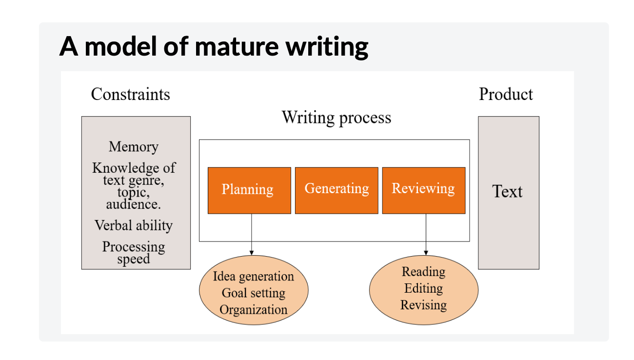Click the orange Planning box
pyautogui.click(x=249, y=190)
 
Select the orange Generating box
pyautogui.click(x=337, y=190)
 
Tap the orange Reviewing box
pyautogui.click(x=423, y=190)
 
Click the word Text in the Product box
pyautogui.click(x=507, y=192)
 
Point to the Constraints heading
pyautogui.click(x=130, y=94)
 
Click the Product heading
pyautogui.click(x=506, y=94)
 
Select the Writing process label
pyautogui.click(x=336, y=118)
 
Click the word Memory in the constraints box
pyautogui.click(x=134, y=147)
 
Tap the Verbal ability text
pyautogui.click(x=134, y=225)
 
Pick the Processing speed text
pyautogui.click(x=134, y=253)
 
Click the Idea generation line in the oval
pyautogui.click(x=253, y=277)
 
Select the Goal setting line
pyautogui.click(x=253, y=293)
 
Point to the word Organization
pyautogui.click(x=253, y=310)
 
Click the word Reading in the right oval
pyautogui.click(x=423, y=272)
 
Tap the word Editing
pyautogui.click(x=423, y=288)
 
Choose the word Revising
pyautogui.click(x=423, y=305)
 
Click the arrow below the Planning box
pyautogui.click(x=252, y=234)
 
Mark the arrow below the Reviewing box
pyautogui.click(x=426, y=234)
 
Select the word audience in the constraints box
pyautogui.click(x=134, y=204)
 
